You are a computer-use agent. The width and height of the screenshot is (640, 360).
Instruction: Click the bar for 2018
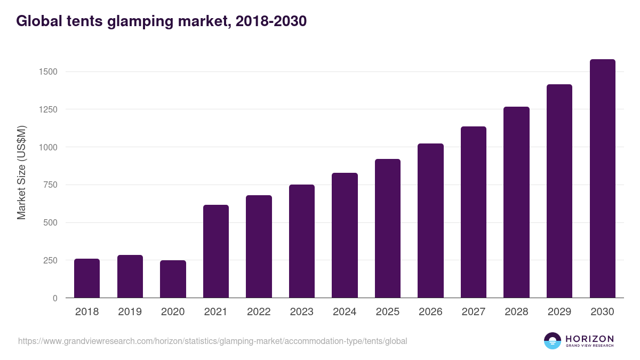(87, 278)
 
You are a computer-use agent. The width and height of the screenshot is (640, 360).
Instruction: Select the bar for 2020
(173, 279)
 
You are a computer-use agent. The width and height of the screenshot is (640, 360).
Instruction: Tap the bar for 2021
(216, 251)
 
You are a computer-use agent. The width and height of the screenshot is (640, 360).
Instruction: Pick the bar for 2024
(345, 235)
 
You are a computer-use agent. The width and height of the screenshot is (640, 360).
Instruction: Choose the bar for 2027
(474, 212)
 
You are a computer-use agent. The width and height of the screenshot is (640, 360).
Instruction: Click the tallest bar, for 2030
(602, 178)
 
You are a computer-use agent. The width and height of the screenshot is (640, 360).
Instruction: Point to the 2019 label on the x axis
(130, 312)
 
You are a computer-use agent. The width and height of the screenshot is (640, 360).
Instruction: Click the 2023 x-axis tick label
(302, 312)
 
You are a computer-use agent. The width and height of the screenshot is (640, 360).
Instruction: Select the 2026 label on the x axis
(430, 312)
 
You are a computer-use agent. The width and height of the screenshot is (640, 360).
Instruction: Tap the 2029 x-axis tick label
(559, 312)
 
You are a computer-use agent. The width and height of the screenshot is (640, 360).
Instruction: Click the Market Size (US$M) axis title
(21, 172)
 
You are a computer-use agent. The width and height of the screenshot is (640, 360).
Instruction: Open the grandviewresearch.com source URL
(212, 341)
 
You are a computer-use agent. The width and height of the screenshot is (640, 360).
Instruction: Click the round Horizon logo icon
(553, 341)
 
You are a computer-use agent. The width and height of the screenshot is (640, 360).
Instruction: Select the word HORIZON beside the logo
(590, 339)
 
